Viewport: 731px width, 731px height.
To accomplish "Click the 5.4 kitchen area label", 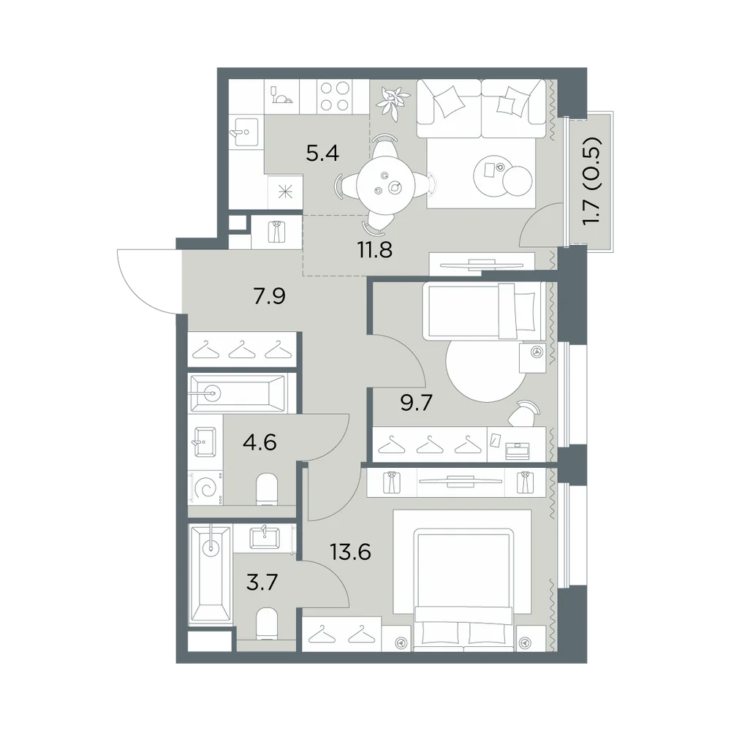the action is pyautogui.click(x=322, y=153).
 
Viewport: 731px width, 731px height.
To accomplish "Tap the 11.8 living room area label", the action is pyautogui.click(x=375, y=250).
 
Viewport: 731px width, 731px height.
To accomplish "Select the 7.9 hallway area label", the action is pyautogui.click(x=270, y=296).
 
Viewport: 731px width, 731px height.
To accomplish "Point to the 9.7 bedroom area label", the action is pyautogui.click(x=417, y=402).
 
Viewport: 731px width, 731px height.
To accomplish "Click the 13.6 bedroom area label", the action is pyautogui.click(x=351, y=553).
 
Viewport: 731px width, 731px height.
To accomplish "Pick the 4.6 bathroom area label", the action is pyautogui.click(x=260, y=442).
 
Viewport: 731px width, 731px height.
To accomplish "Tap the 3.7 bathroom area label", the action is pyautogui.click(x=262, y=583).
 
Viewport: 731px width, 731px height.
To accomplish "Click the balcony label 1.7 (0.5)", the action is pyautogui.click(x=592, y=181).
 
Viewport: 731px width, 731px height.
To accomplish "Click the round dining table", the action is pyautogui.click(x=385, y=186).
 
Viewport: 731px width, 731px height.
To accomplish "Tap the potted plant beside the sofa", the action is pyautogui.click(x=392, y=100).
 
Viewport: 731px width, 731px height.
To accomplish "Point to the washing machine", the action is pyautogui.click(x=205, y=488).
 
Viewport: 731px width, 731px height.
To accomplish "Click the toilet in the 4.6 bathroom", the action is pyautogui.click(x=267, y=490).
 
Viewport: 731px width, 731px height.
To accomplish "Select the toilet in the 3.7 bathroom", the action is pyautogui.click(x=267, y=623).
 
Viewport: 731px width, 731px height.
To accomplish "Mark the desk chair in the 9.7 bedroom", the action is pyautogui.click(x=523, y=412).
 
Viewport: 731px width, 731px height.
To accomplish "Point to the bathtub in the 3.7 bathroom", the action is pyautogui.click(x=211, y=574).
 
